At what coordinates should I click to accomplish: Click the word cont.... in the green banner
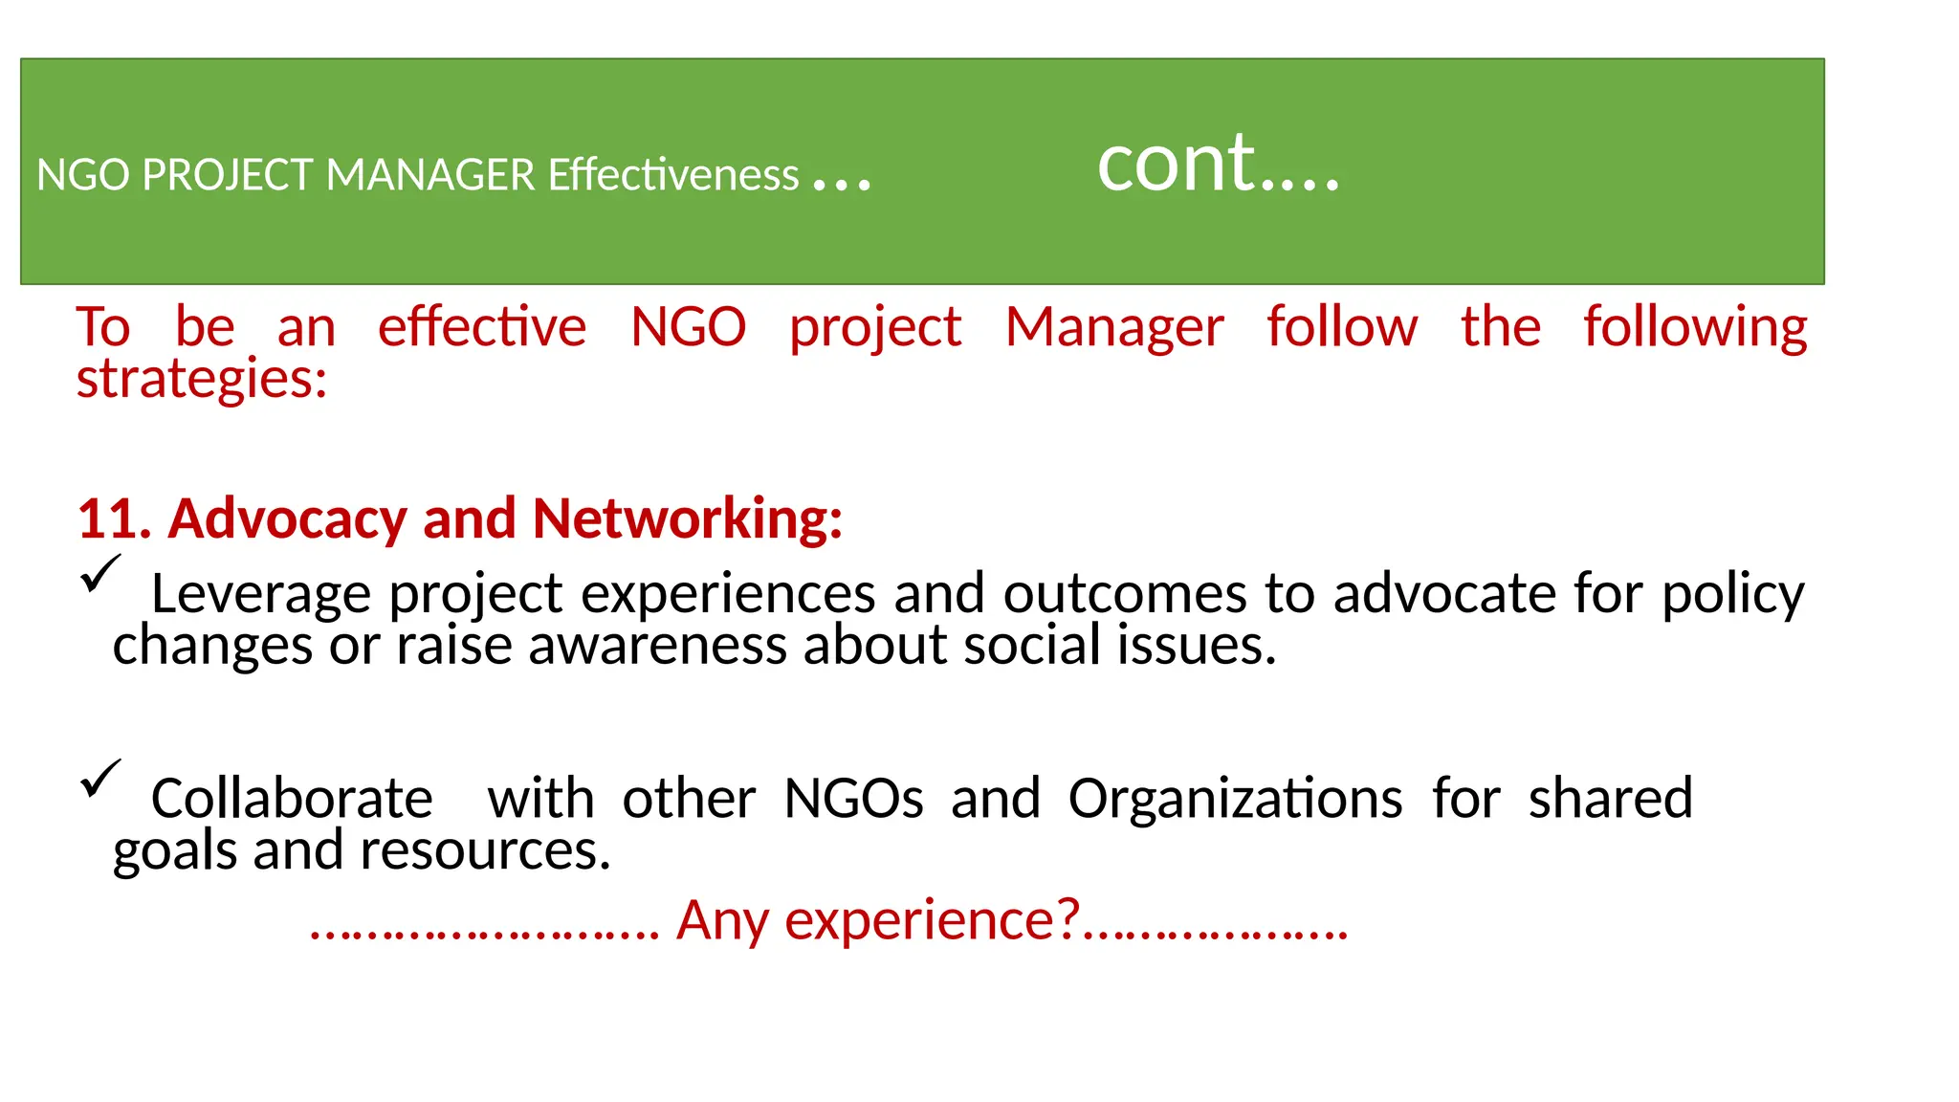coord(1218,165)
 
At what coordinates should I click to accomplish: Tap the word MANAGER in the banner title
coord(430,176)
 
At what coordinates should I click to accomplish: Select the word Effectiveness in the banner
coord(673,176)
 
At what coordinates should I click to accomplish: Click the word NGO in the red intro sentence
coord(688,328)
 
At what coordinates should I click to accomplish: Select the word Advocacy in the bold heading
coord(288,519)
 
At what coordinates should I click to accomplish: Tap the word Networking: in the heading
coord(687,519)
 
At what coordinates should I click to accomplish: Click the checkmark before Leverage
coord(100,574)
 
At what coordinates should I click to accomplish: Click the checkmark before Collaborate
coord(100,778)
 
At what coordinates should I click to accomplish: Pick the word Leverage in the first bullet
coord(260,595)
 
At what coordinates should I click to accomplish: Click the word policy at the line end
coord(1732,595)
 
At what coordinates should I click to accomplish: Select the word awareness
coord(658,646)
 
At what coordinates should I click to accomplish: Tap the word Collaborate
coord(292,799)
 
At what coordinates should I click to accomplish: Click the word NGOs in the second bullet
coord(853,799)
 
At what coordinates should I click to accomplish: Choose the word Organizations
coord(1235,799)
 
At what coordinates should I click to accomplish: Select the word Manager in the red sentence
coord(1114,328)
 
